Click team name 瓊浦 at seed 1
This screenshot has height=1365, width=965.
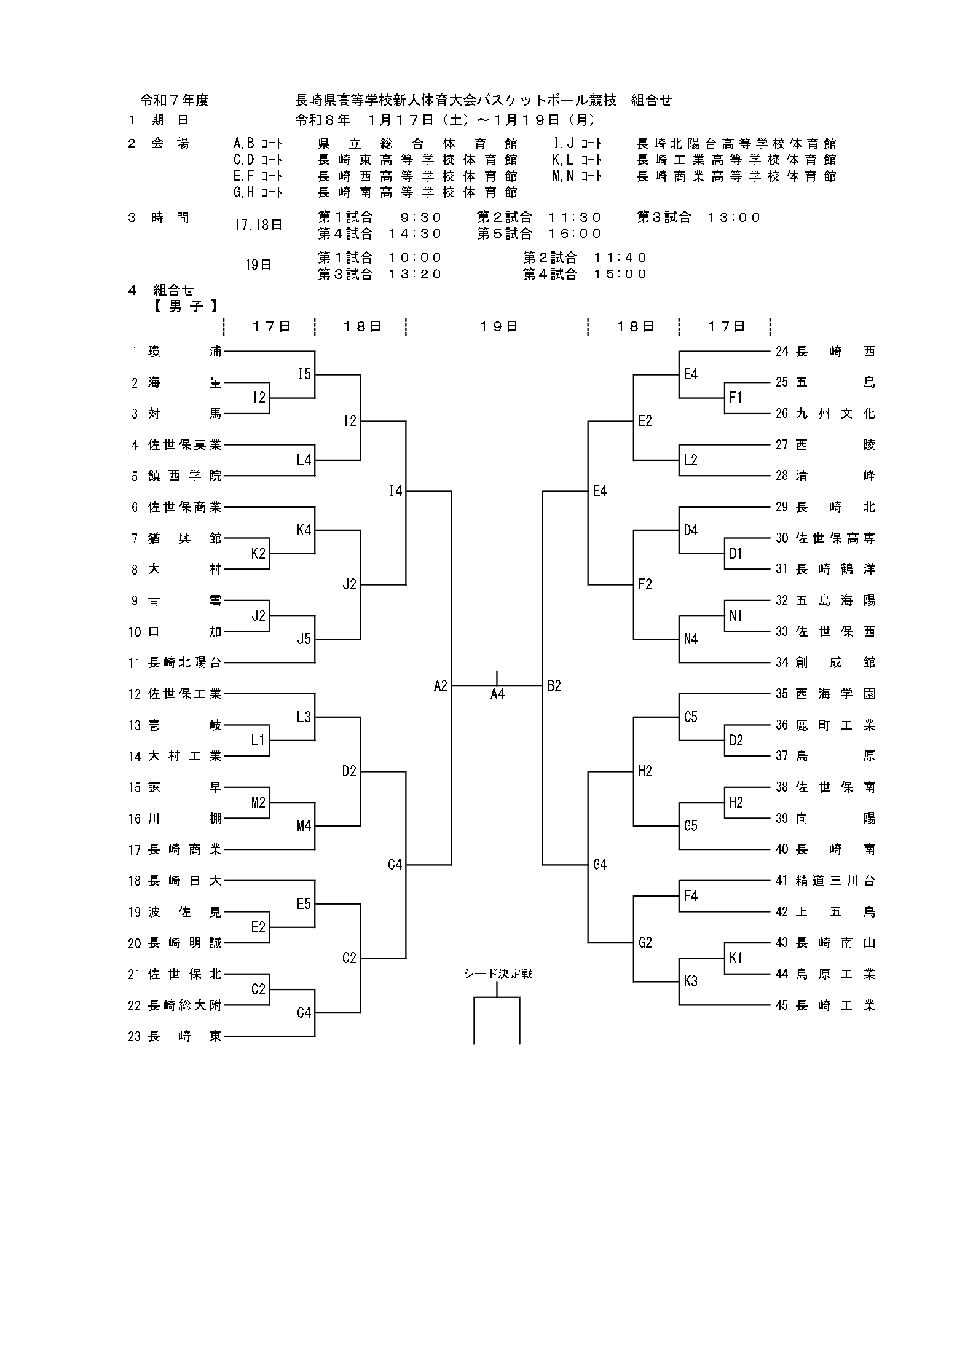[x=184, y=352]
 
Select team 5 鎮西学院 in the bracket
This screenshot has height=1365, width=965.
[x=184, y=476]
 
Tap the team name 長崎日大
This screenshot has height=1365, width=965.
[x=184, y=881]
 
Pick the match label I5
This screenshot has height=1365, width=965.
[x=304, y=374]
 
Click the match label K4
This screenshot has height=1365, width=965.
[x=304, y=530]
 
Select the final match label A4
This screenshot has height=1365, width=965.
[x=497, y=694]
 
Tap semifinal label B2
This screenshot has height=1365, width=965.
[x=554, y=686]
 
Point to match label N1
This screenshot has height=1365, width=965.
[x=736, y=616]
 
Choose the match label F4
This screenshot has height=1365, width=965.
[x=690, y=896]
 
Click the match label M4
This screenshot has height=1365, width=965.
[x=304, y=826]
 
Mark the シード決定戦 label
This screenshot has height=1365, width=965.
[x=498, y=974]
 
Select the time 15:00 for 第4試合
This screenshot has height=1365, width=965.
[x=620, y=274]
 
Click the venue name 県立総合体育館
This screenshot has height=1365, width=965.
[x=417, y=144]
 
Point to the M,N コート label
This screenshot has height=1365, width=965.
[x=577, y=176]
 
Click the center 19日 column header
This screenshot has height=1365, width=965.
[x=498, y=326]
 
